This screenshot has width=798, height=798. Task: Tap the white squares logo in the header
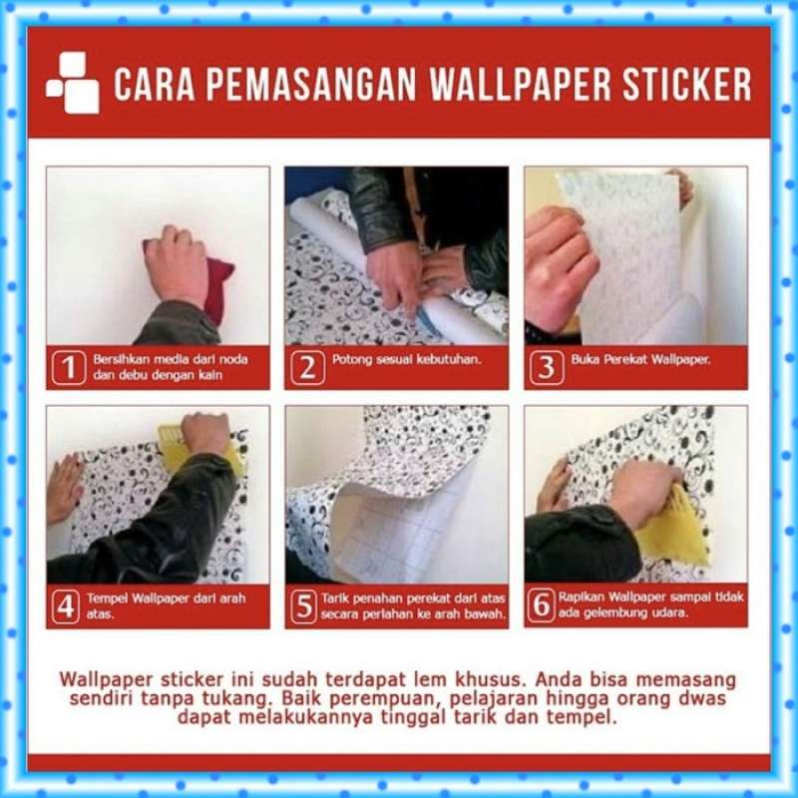[x=73, y=83]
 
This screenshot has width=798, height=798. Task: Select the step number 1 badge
[x=68, y=367]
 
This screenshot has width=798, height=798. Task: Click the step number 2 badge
[x=306, y=367]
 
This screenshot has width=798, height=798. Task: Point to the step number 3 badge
[x=546, y=367]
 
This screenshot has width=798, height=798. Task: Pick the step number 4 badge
[x=67, y=606]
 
